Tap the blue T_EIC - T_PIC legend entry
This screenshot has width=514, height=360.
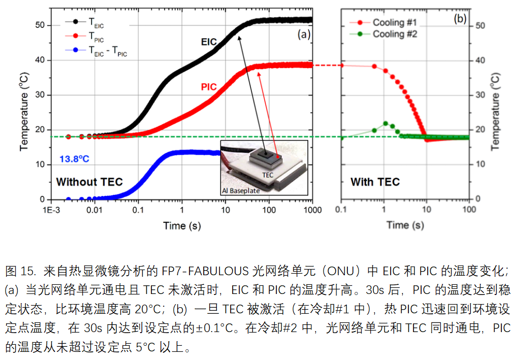click(x=107, y=50)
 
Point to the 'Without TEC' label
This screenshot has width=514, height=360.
click(x=89, y=182)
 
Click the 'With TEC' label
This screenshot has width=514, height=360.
click(x=375, y=182)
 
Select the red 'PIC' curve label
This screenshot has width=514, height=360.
click(x=209, y=87)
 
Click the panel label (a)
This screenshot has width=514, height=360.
click(x=304, y=35)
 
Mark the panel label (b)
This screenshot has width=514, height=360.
click(x=460, y=19)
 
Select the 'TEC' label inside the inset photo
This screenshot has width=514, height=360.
click(x=268, y=174)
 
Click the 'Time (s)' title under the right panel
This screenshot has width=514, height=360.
click(x=405, y=225)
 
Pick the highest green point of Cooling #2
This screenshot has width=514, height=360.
click(x=385, y=123)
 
